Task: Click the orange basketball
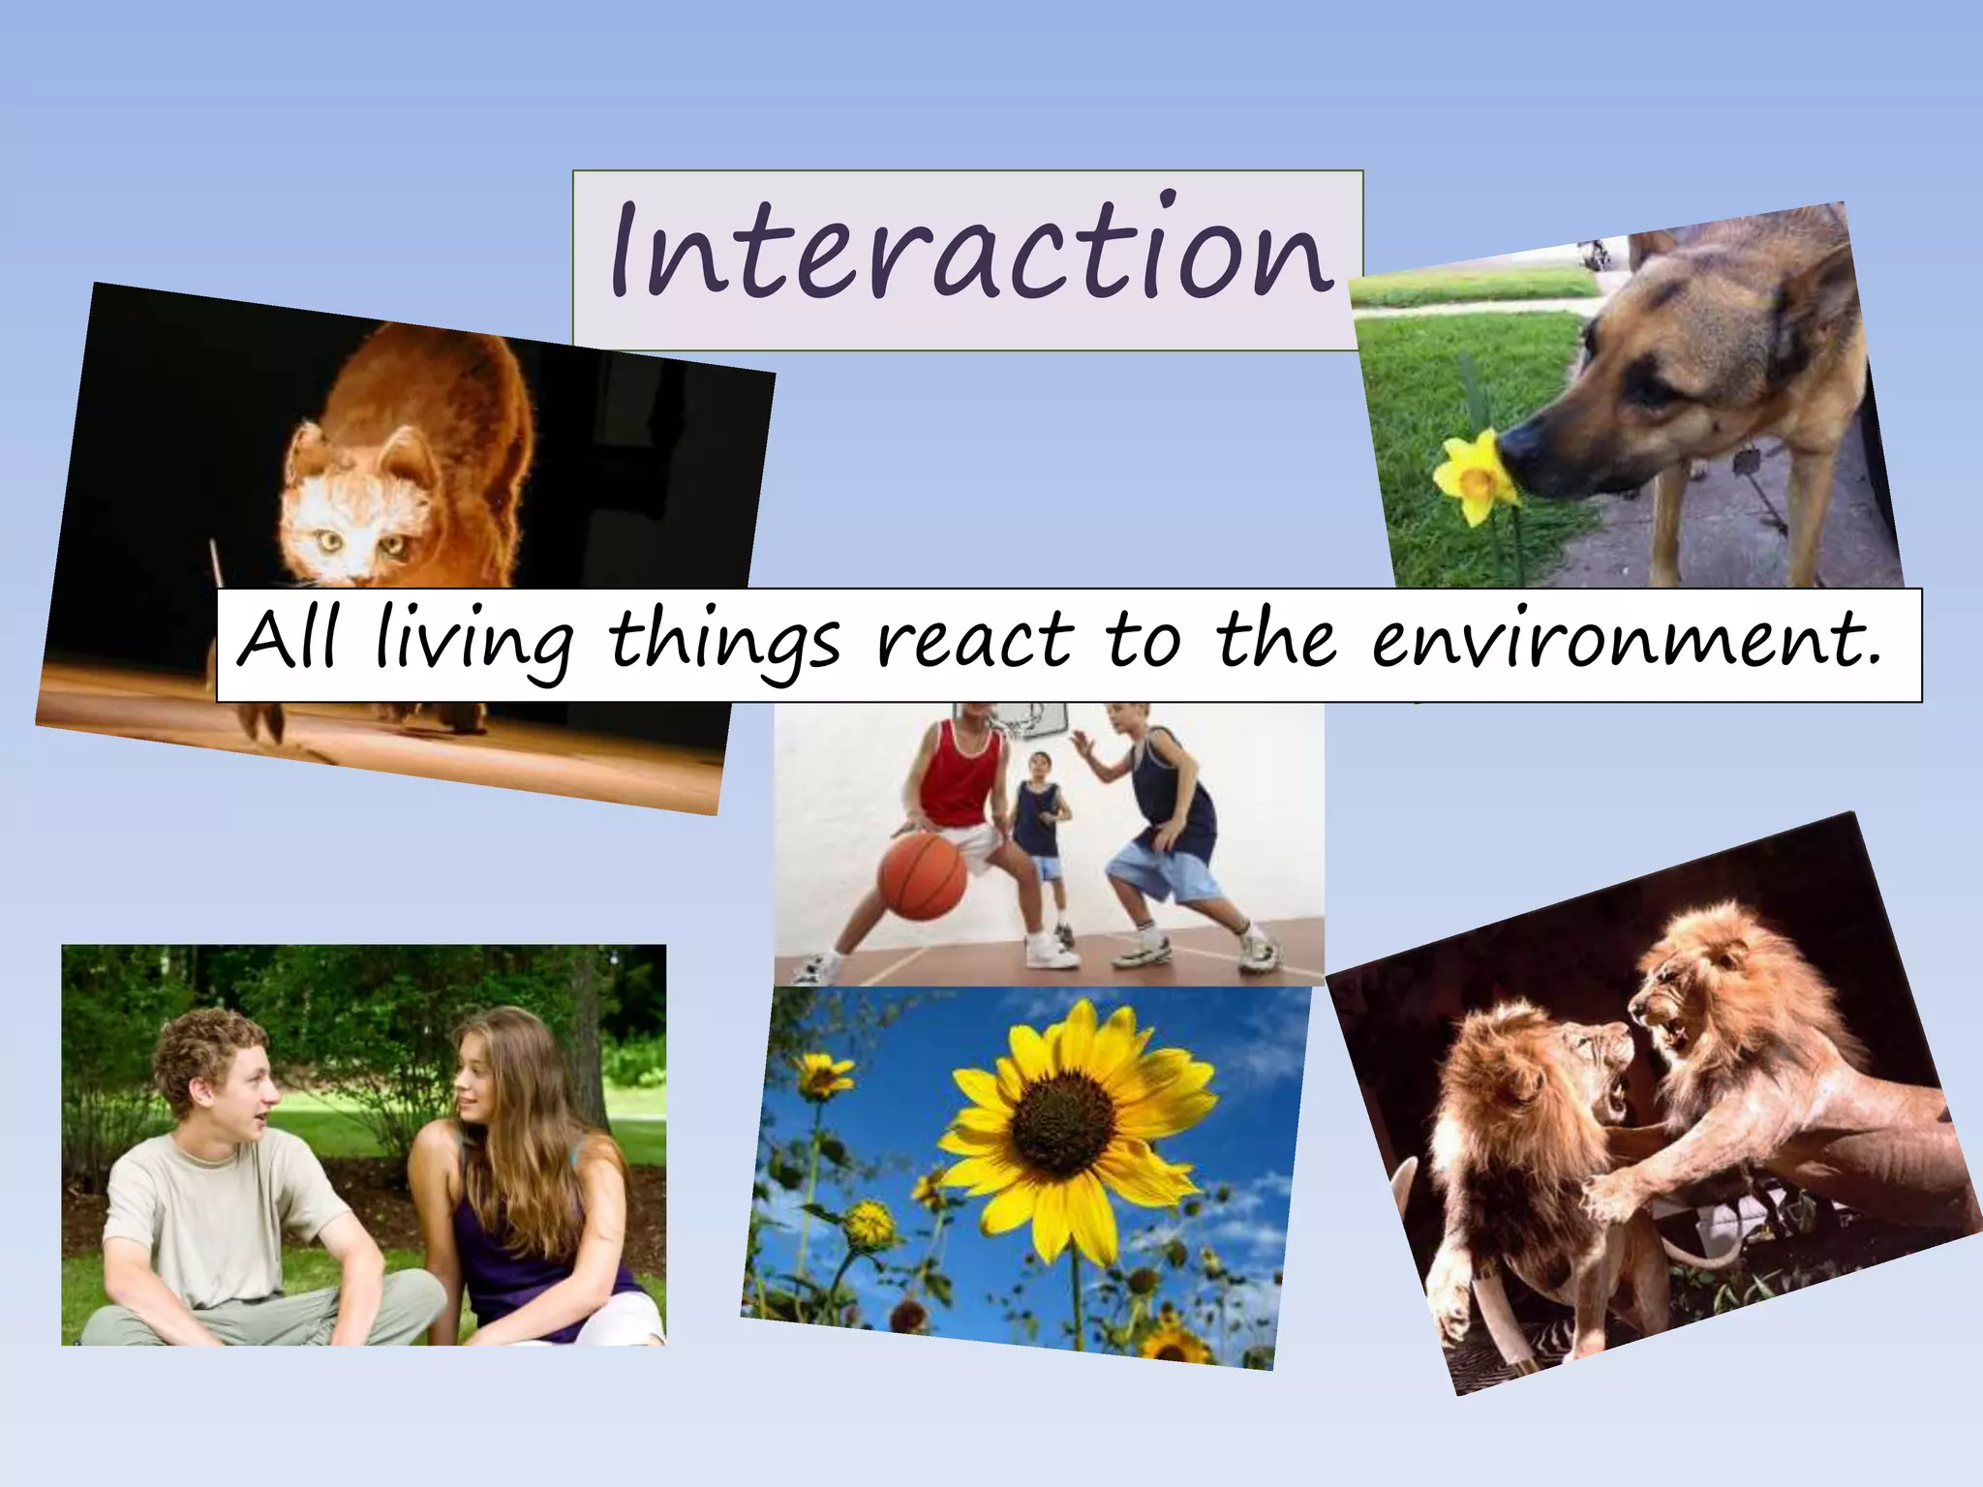922,877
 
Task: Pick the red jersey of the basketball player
961,779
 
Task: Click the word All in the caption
288,639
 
